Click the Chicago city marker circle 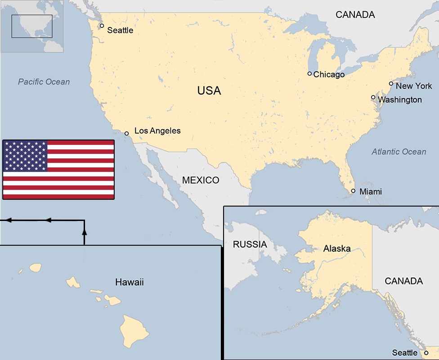(309, 74)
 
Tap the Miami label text (371, 192)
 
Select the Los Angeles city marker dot (126, 133)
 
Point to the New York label (414, 86)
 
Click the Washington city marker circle (373, 97)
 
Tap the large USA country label (209, 91)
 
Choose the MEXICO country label (201, 180)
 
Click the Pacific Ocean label (44, 82)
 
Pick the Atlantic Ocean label (399, 152)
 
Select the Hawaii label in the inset (130, 283)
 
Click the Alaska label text (337, 248)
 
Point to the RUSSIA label (250, 245)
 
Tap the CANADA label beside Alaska (403, 281)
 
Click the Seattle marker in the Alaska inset (426, 353)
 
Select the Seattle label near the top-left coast (120, 31)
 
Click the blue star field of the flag (25, 156)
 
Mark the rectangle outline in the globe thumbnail (32, 26)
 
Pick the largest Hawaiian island (134, 328)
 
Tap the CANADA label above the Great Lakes (355, 15)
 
